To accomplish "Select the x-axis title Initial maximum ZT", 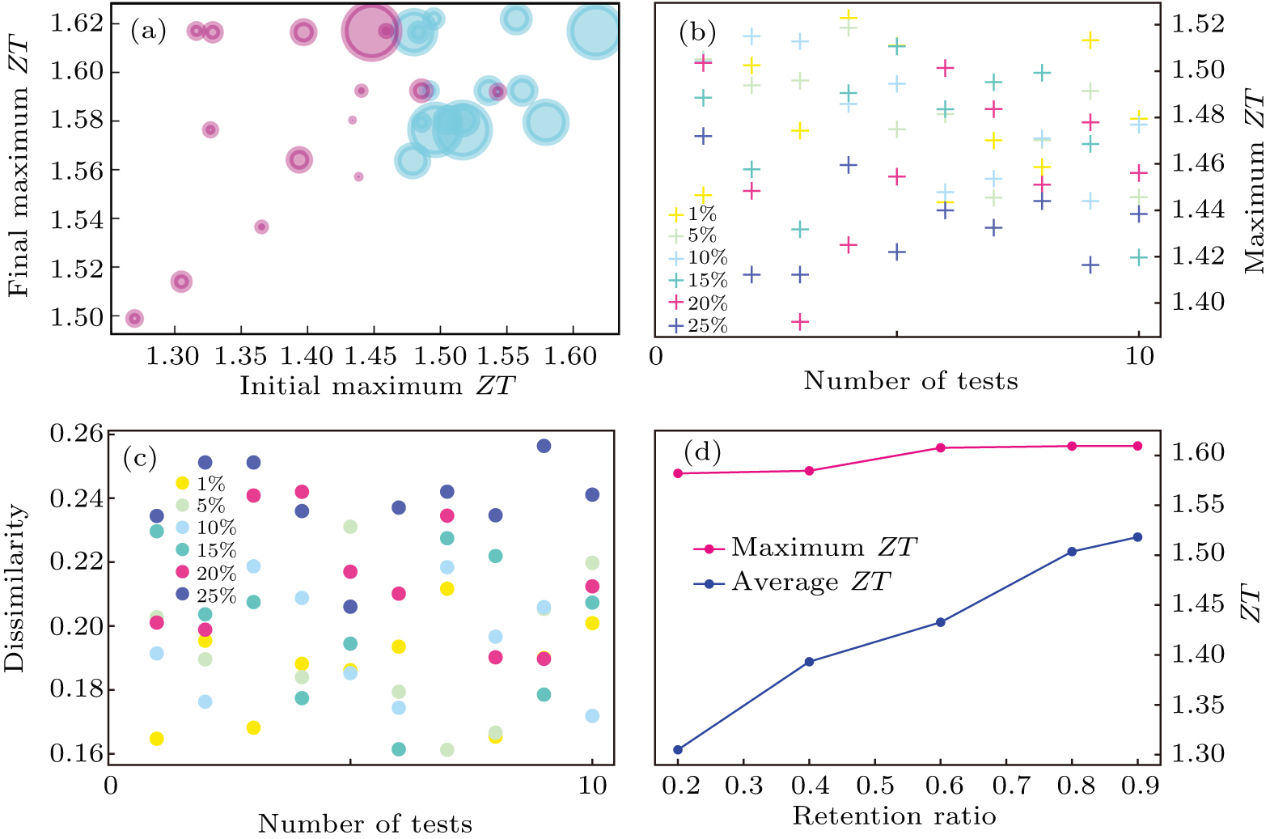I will click(x=377, y=385).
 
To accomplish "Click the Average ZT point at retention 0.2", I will click(x=678, y=749).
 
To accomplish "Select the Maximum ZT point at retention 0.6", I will click(x=941, y=447).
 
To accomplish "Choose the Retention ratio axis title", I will click(x=894, y=816).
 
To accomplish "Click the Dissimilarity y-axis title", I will click(x=14, y=588).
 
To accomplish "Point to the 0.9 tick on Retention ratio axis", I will click(x=1140, y=785).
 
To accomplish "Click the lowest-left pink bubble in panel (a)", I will click(x=134, y=318).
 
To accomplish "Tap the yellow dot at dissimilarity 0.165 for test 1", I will click(x=157, y=738).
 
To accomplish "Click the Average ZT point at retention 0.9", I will click(x=1137, y=537).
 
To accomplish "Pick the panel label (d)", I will click(x=701, y=451).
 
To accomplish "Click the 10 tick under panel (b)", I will click(x=1140, y=356).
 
